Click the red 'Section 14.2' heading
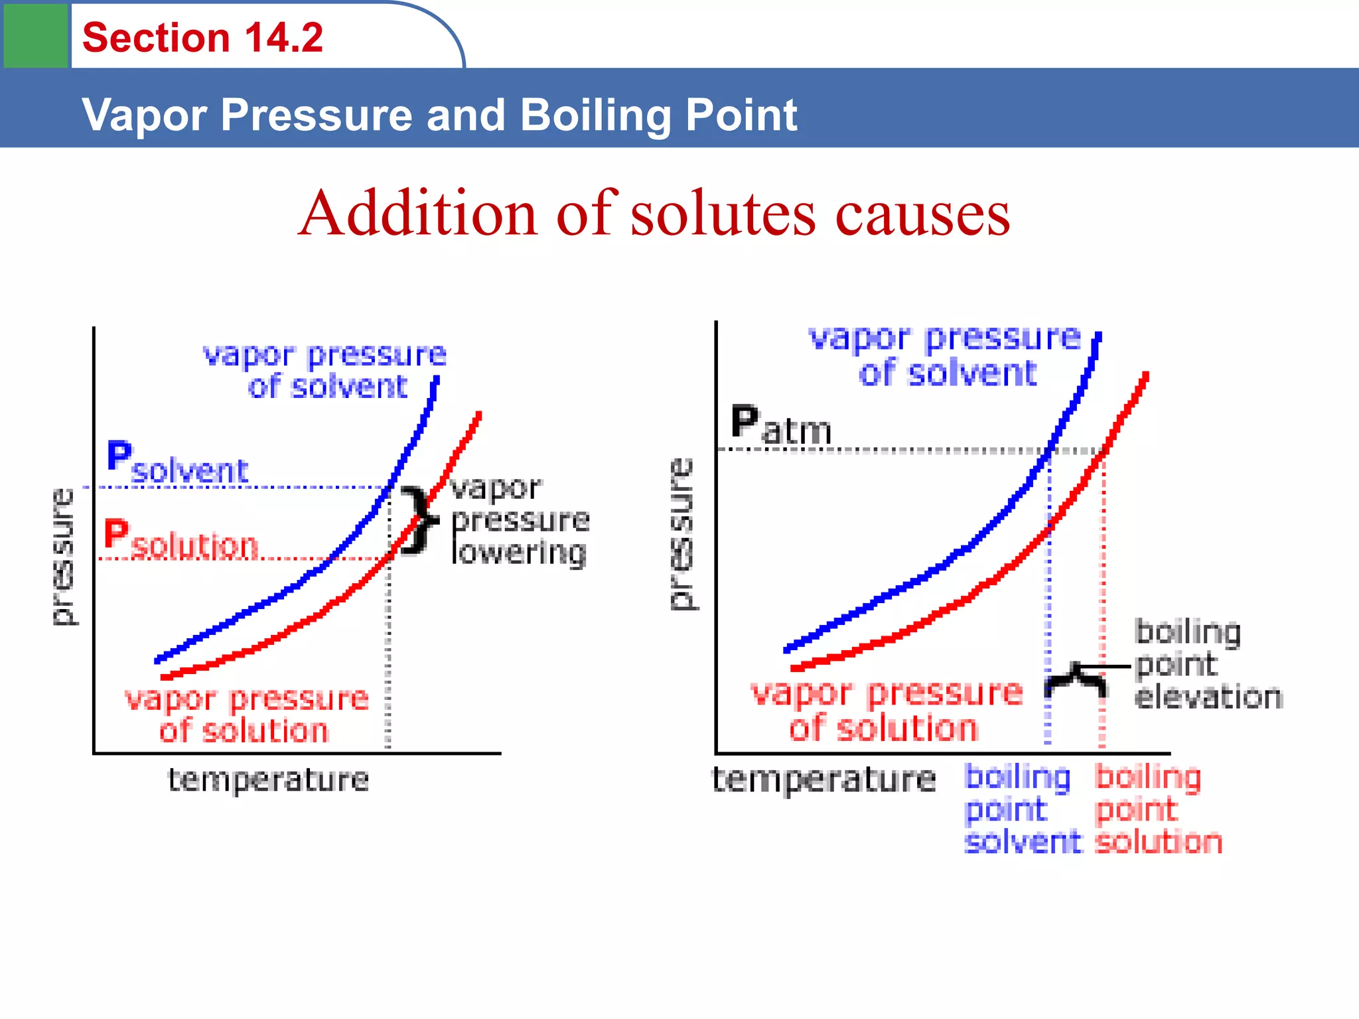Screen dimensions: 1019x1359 point(202,37)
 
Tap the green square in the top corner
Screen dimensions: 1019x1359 point(36,34)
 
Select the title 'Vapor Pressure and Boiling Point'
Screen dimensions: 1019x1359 point(439,115)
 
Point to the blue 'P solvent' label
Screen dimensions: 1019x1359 point(177,463)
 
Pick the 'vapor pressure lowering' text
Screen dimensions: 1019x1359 point(519,521)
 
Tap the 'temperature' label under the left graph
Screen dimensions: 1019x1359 point(268,780)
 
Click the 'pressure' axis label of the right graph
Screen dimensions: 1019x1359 point(681,533)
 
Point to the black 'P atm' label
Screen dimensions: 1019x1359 point(781,425)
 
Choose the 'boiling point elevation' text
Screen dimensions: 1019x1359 point(1208,665)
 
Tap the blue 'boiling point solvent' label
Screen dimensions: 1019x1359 point(1021,810)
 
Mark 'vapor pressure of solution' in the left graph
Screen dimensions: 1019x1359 point(246,715)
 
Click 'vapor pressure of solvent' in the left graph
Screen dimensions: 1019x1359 point(325,371)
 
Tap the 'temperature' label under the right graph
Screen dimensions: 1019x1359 point(823,780)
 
